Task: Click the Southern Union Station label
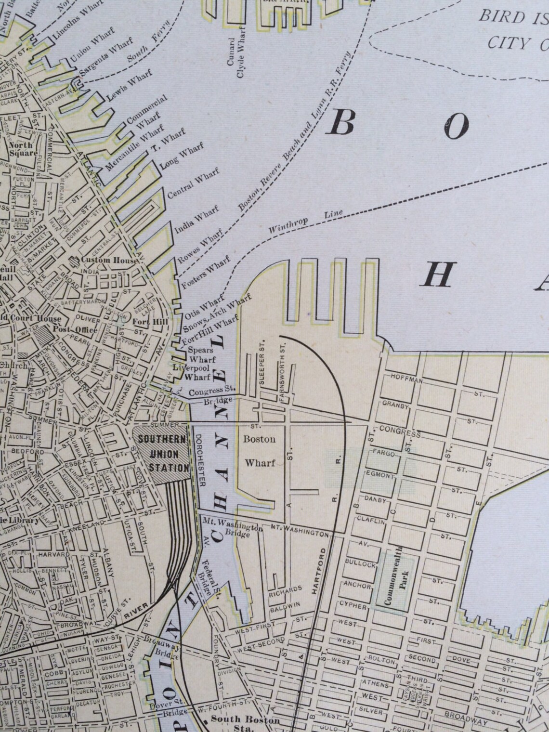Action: [163, 453]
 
